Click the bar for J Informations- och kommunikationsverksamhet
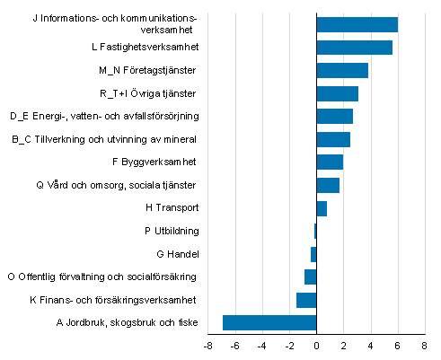(357, 24)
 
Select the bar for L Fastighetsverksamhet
(354, 48)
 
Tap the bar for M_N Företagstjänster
(342, 70)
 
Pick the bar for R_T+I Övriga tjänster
(337, 93)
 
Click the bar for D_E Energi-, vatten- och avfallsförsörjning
(334, 116)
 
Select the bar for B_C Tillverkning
(333, 139)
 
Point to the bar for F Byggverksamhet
(330, 162)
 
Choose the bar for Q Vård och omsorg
(328, 185)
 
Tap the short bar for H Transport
(322, 208)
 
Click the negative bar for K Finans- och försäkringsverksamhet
(306, 300)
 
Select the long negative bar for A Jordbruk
(269, 322)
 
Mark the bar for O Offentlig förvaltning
(310, 277)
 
